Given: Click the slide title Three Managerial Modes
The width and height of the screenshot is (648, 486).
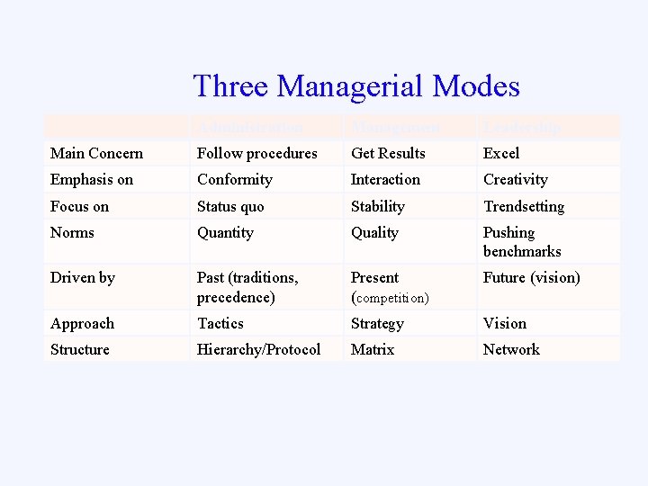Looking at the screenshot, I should pyautogui.click(x=356, y=86).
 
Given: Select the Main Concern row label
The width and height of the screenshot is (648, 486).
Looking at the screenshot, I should pyautogui.click(x=96, y=153).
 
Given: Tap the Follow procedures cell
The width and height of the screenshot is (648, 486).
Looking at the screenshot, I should pyautogui.click(x=256, y=153).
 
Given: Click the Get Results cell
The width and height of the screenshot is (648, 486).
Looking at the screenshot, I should pyautogui.click(x=388, y=153).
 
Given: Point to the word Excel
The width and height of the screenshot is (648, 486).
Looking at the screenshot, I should pyautogui.click(x=501, y=153).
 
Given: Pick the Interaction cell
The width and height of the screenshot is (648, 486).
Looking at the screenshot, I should pyautogui.click(x=385, y=179).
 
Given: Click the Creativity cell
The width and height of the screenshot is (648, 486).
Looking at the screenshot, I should pyautogui.click(x=515, y=179).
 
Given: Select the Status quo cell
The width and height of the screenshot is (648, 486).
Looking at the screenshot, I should pyautogui.click(x=230, y=206).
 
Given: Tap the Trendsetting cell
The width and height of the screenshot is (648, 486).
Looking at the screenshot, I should pyautogui.click(x=524, y=206).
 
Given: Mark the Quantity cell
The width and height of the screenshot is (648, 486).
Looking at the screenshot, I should pyautogui.click(x=225, y=232).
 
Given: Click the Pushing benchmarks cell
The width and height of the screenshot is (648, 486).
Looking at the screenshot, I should pyautogui.click(x=521, y=241).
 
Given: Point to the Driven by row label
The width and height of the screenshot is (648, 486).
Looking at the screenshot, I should pyautogui.click(x=83, y=277).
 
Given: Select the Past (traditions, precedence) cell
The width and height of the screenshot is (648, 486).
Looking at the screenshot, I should pyautogui.click(x=247, y=286).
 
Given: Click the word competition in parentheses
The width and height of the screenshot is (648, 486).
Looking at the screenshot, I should pyautogui.click(x=392, y=297).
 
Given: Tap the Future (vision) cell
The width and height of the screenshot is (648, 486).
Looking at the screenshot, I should pyautogui.click(x=531, y=277).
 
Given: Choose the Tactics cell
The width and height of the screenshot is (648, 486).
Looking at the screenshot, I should pyautogui.click(x=220, y=323).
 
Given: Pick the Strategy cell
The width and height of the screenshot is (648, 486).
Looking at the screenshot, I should pyautogui.click(x=377, y=323).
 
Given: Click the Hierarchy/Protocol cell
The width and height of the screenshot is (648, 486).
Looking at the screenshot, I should pyautogui.click(x=258, y=349).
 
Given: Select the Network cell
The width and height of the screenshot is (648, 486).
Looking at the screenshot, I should pyautogui.click(x=511, y=349).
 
